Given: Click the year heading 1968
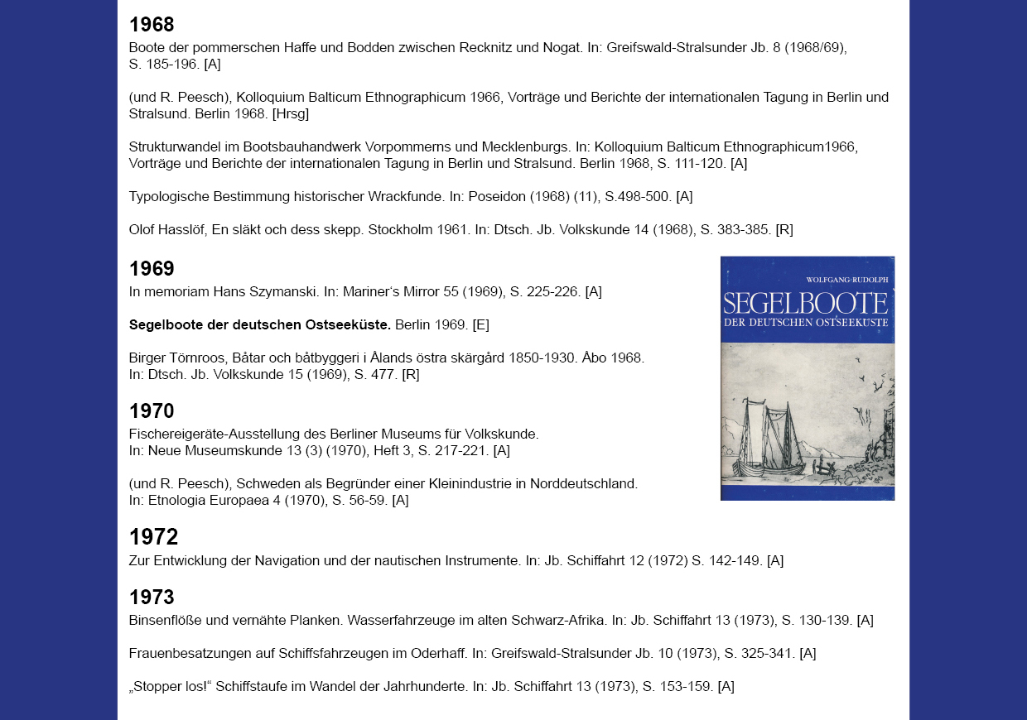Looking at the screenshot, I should click(x=152, y=25).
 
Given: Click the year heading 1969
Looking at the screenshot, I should click(x=152, y=269).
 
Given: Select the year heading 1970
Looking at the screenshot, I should click(x=152, y=411).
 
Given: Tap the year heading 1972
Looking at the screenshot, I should click(x=153, y=537).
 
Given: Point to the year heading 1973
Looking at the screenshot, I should click(x=152, y=598).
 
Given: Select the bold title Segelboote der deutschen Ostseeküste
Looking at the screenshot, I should click(x=260, y=324).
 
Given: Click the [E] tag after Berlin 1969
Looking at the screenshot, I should click(x=481, y=324).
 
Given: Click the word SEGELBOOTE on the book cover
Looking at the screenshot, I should click(x=805, y=303).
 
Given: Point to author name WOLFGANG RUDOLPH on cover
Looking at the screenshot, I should click(x=846, y=280).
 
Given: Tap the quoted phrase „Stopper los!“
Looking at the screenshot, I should click(x=171, y=686).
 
